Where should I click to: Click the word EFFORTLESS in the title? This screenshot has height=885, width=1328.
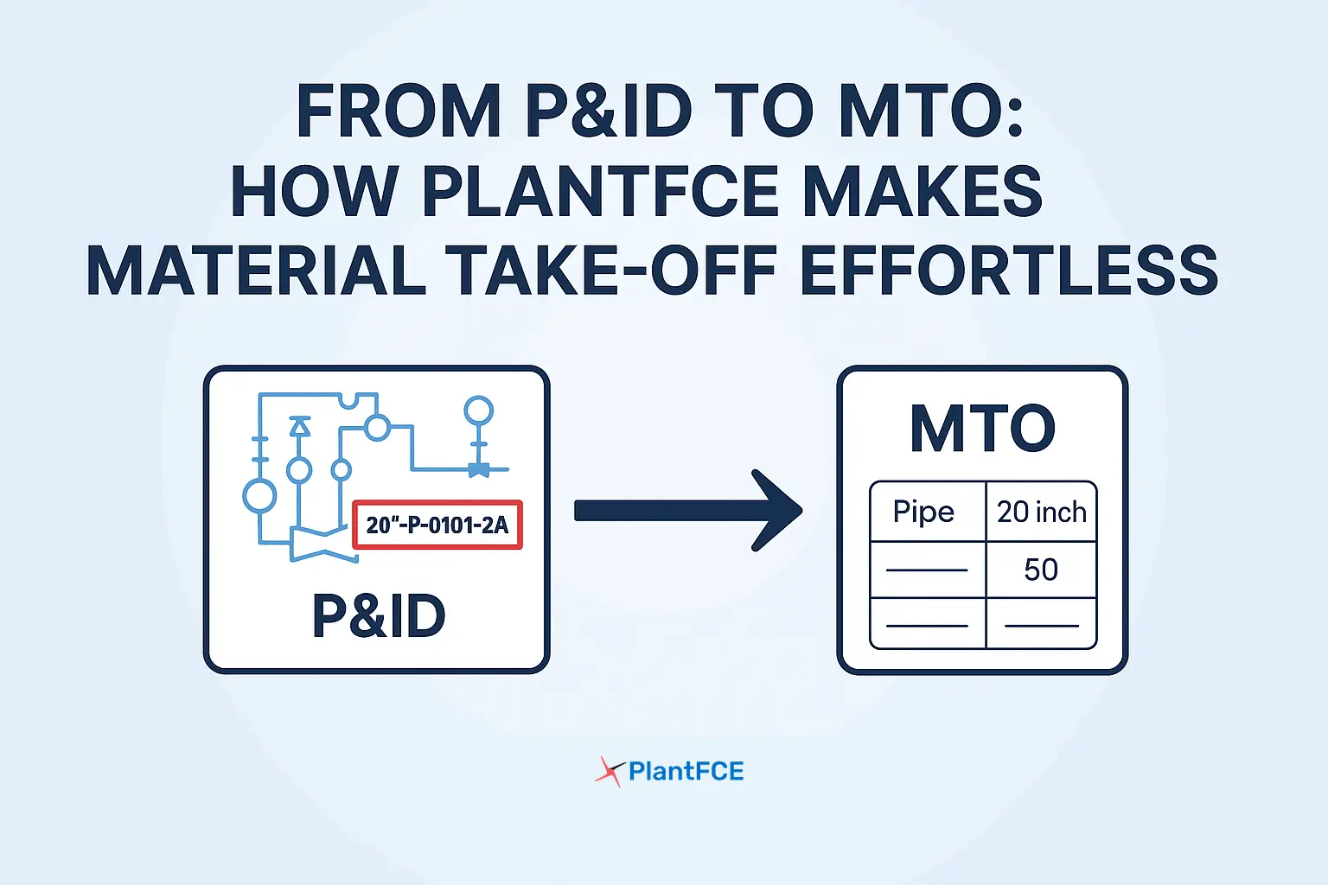1009,271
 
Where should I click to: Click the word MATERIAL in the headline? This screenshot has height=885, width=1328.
256,271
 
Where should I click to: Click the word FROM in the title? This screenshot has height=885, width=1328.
399,112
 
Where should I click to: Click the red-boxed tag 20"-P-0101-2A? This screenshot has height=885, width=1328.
437,525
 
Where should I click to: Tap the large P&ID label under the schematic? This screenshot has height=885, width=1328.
379,616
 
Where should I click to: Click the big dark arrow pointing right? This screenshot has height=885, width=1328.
688,511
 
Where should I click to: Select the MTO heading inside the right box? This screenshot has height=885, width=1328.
983,429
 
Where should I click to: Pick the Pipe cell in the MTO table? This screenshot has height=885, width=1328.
924,512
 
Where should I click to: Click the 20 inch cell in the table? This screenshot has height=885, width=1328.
1042,512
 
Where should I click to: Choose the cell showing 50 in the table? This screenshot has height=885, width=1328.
1041,570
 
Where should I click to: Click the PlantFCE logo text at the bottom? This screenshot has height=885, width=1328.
686,771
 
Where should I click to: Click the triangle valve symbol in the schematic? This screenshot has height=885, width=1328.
299,425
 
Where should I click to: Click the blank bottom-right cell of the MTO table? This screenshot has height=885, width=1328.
1041,623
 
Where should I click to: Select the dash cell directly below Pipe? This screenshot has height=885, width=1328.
927,570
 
